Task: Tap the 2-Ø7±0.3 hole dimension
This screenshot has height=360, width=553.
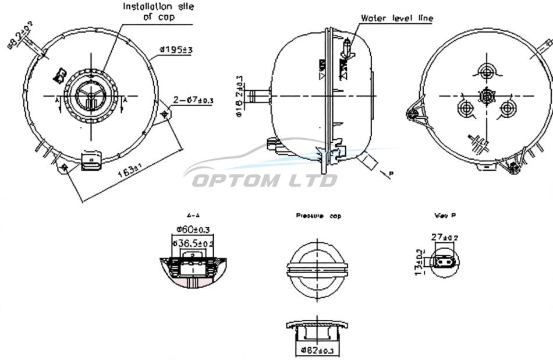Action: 194,100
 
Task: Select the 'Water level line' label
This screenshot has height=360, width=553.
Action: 397,18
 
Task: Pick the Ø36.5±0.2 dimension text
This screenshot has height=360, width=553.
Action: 196,242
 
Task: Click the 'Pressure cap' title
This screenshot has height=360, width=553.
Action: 318,216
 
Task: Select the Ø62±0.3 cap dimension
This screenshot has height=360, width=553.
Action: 318,350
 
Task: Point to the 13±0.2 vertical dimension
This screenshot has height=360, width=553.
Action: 419,263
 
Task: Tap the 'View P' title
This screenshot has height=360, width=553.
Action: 445,215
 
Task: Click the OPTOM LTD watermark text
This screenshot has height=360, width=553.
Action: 264,181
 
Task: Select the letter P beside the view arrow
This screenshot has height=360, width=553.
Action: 391,174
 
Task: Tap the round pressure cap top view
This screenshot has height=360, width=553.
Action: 317,269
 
